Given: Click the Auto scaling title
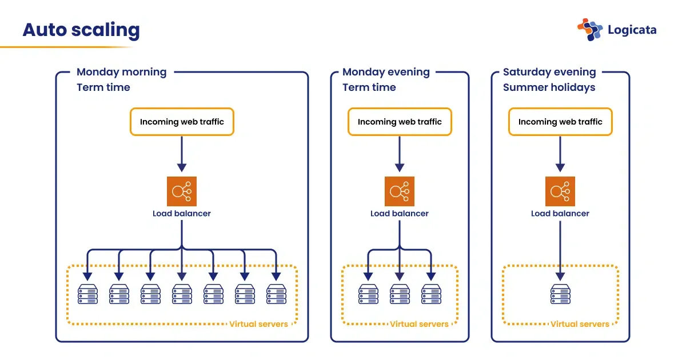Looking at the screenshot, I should click(x=81, y=30).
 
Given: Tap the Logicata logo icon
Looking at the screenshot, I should click(x=590, y=30).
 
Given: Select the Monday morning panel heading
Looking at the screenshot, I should click(x=121, y=72).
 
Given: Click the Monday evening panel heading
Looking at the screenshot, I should click(x=386, y=72).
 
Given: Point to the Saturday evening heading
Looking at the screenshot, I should click(x=549, y=72).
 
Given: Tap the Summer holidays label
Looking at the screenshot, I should click(x=549, y=87).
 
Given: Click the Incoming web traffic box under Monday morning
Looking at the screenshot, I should click(x=182, y=122).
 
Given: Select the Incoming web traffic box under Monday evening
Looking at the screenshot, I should click(x=400, y=122).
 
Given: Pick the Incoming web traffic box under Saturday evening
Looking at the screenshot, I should click(x=560, y=122).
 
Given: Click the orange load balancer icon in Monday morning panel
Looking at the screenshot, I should click(x=182, y=191).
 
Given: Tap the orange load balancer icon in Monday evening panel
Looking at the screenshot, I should click(x=400, y=191).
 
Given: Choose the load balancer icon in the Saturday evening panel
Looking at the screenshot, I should click(x=560, y=191).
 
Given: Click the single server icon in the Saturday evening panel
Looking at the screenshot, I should click(x=560, y=294).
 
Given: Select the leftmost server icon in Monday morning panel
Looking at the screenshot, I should click(x=87, y=294).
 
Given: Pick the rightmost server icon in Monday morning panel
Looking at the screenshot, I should click(x=276, y=294).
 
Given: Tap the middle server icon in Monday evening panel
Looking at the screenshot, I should click(x=400, y=294).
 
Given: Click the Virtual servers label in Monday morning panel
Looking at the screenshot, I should click(x=258, y=324).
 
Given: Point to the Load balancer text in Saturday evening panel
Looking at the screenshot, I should click(x=560, y=214).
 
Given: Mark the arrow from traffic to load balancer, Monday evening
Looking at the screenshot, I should click(x=400, y=153).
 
